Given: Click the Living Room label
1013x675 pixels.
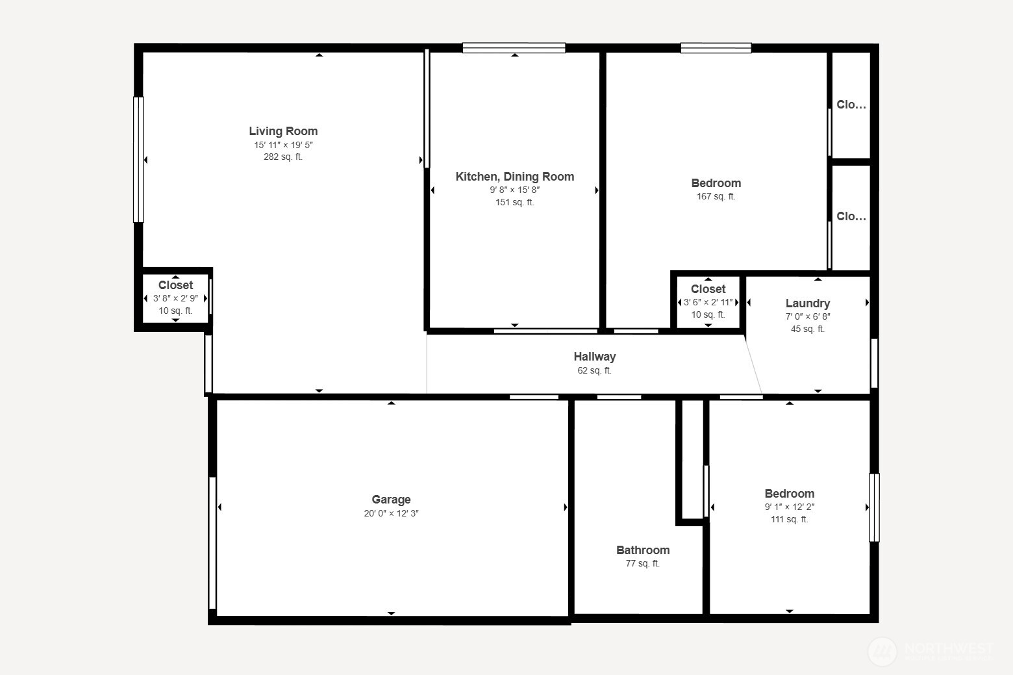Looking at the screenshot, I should [x=283, y=131].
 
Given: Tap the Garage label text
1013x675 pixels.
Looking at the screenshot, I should [x=391, y=500].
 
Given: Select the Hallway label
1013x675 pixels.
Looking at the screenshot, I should [x=594, y=357].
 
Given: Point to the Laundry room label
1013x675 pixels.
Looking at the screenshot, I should [x=807, y=303].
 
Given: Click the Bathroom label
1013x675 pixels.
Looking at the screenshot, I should [x=643, y=550].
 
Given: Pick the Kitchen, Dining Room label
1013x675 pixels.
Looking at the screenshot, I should [x=514, y=177].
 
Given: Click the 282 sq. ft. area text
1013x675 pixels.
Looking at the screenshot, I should [x=283, y=157].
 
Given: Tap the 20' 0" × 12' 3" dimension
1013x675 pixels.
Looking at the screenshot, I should [x=391, y=513].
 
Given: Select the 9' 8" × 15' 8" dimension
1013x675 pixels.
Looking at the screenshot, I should [x=514, y=190].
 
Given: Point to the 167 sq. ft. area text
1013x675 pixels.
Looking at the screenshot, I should [x=716, y=196].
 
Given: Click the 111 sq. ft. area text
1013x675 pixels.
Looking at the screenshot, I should [x=789, y=519].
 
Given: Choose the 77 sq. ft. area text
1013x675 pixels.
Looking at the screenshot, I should [x=643, y=563].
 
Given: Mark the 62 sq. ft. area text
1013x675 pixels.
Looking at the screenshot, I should [x=594, y=370].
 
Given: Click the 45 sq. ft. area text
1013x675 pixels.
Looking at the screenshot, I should [x=807, y=329].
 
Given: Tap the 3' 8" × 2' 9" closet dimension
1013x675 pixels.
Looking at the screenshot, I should [x=175, y=298].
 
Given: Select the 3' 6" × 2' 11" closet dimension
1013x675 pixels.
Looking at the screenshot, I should [x=708, y=302].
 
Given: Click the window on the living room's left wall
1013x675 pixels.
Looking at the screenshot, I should [x=138, y=160].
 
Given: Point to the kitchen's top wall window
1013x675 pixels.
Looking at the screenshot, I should [x=514, y=48].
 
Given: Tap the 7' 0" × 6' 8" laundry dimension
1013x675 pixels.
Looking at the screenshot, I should [x=807, y=316].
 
